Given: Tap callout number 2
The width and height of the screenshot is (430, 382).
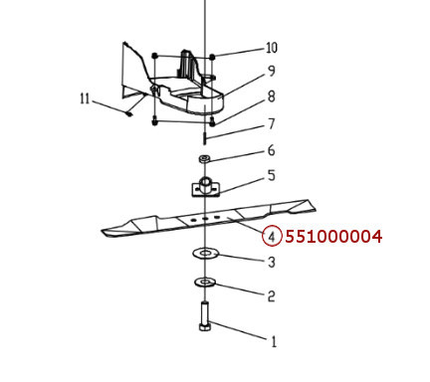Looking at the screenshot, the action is [x=271, y=295].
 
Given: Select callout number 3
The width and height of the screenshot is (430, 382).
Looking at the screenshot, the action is [x=271, y=262].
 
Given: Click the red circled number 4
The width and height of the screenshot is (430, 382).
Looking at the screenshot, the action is [x=271, y=237].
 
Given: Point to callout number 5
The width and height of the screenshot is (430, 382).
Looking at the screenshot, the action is [x=271, y=176].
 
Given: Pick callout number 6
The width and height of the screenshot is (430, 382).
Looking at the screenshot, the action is [x=271, y=150].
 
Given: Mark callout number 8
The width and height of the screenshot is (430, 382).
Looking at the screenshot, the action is [x=271, y=97].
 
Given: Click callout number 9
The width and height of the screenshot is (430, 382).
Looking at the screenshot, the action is [x=271, y=72].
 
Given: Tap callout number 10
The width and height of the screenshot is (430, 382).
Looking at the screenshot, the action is [x=272, y=48].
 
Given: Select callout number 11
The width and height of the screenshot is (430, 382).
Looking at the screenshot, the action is [x=86, y=97].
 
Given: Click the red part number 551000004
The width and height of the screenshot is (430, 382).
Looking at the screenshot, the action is [x=333, y=237].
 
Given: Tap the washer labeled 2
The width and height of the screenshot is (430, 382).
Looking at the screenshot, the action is [x=205, y=283].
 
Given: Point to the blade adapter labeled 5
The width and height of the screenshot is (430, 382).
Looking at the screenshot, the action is [x=204, y=186].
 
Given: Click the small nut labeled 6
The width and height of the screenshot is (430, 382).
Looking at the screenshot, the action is [x=204, y=159].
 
